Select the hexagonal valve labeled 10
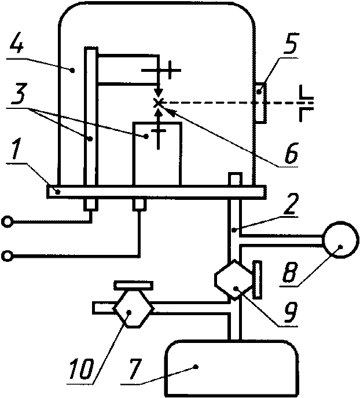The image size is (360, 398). [x=133, y=310]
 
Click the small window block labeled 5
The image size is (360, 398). [x=260, y=103]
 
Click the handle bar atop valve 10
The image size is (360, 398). [x=133, y=285]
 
